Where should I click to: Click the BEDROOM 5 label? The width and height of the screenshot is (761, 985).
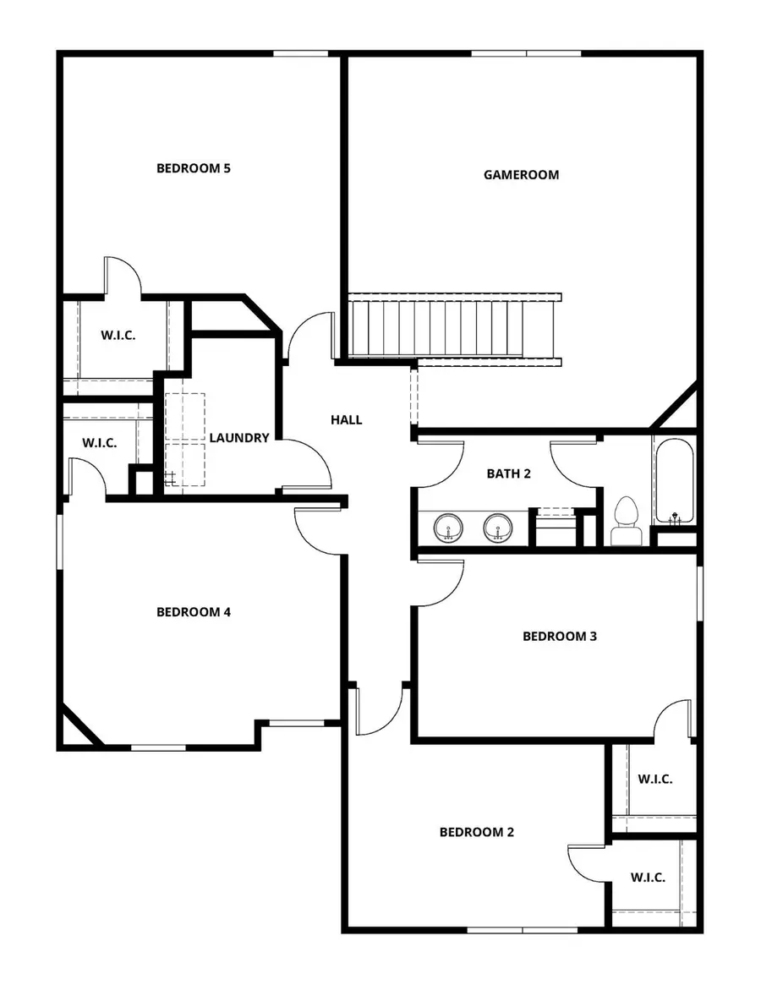194,167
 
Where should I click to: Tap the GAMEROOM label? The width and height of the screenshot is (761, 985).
521,175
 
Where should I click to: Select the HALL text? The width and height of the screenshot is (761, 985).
346,419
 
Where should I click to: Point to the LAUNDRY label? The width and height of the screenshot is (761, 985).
239,438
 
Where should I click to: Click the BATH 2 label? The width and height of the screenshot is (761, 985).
508,473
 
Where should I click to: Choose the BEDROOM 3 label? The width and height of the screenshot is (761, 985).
560,636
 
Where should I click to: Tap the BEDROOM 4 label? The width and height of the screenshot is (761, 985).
194,612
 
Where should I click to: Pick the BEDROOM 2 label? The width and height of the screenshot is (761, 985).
477,832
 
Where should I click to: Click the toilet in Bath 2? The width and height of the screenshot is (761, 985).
626,522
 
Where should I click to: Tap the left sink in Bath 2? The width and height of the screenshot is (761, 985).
447,529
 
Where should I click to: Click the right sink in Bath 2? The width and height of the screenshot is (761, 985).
497,529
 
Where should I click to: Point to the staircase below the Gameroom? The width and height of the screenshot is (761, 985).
454,329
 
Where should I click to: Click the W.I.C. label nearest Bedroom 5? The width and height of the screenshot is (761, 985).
118,335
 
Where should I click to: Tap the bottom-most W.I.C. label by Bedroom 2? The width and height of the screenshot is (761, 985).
648,878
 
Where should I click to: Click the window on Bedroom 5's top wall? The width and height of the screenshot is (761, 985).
301,55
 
